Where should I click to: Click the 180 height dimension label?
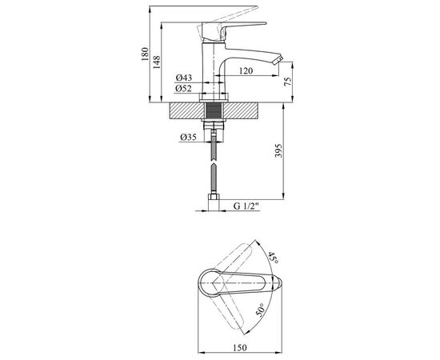point(145,54)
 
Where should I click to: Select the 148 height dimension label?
point(157,62)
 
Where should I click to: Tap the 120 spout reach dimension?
point(246,71)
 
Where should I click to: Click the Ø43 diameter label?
point(184,78)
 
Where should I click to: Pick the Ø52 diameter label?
point(184,89)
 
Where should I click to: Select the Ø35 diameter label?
point(188,138)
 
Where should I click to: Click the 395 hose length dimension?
point(278,150)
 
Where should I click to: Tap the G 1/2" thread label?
point(246,206)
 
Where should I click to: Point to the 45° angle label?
point(272,258)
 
